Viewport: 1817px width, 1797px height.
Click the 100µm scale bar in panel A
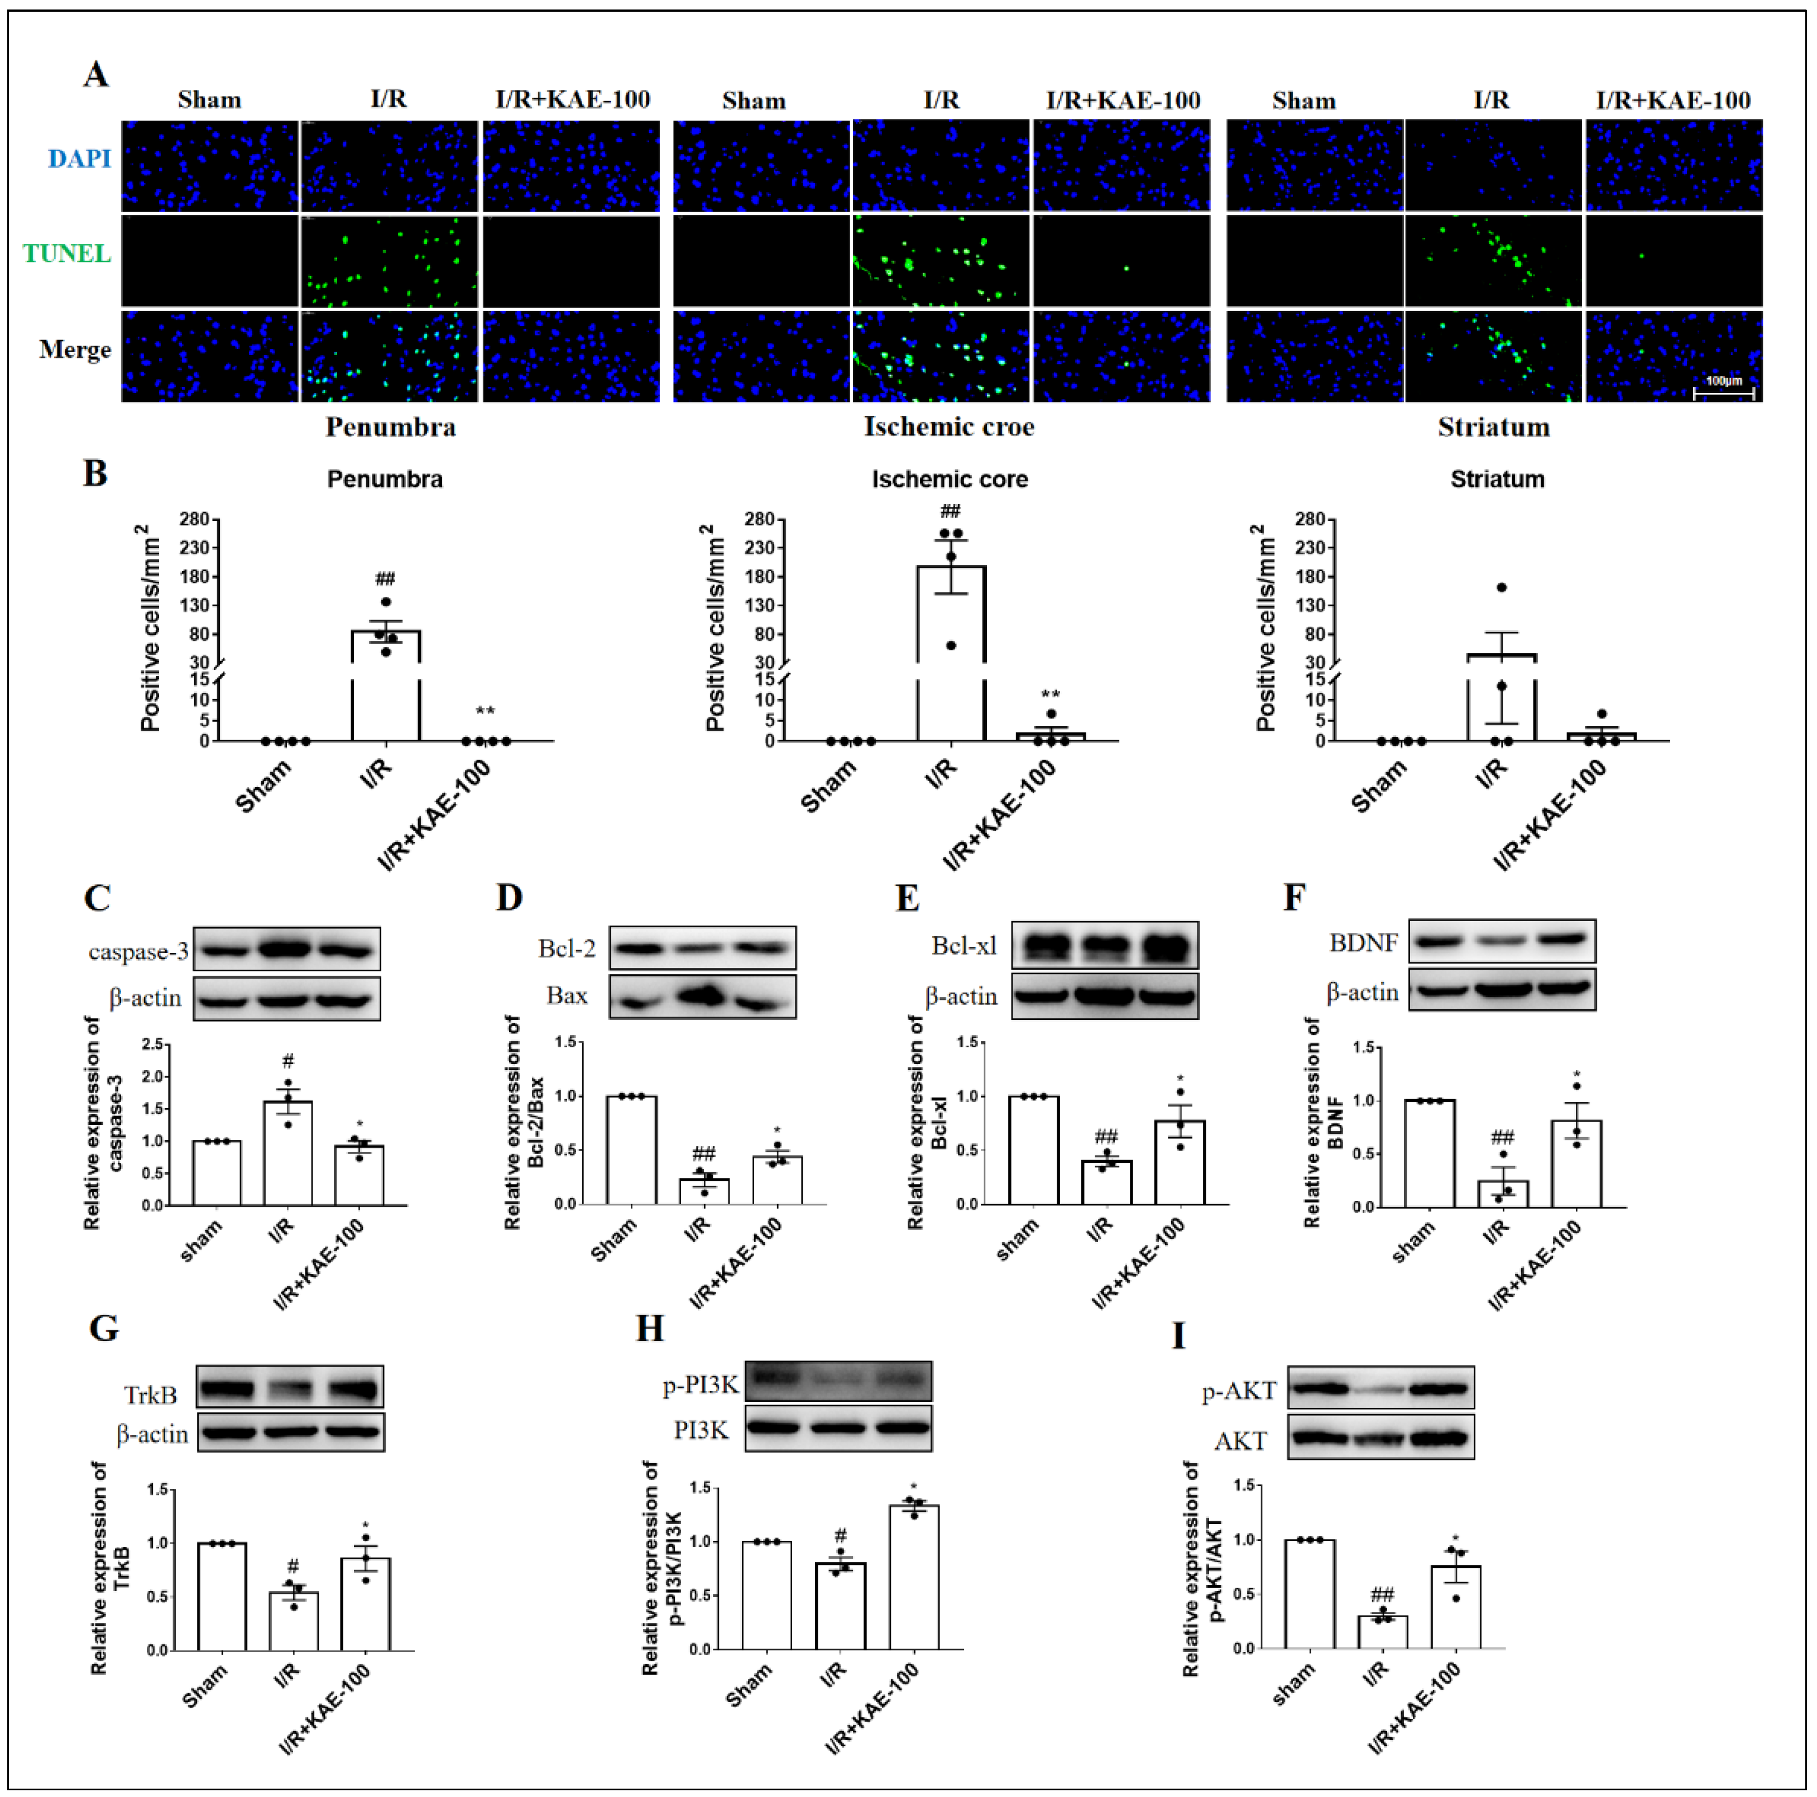pyautogui.click(x=1723, y=391)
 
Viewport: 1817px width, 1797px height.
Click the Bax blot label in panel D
pyautogui.click(x=567, y=995)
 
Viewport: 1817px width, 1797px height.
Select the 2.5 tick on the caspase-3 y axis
pyautogui.click(x=152, y=1044)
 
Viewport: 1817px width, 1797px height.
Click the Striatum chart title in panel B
pyautogui.click(x=1497, y=480)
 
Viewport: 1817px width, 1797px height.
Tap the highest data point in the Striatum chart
pyautogui.click(x=1502, y=588)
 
